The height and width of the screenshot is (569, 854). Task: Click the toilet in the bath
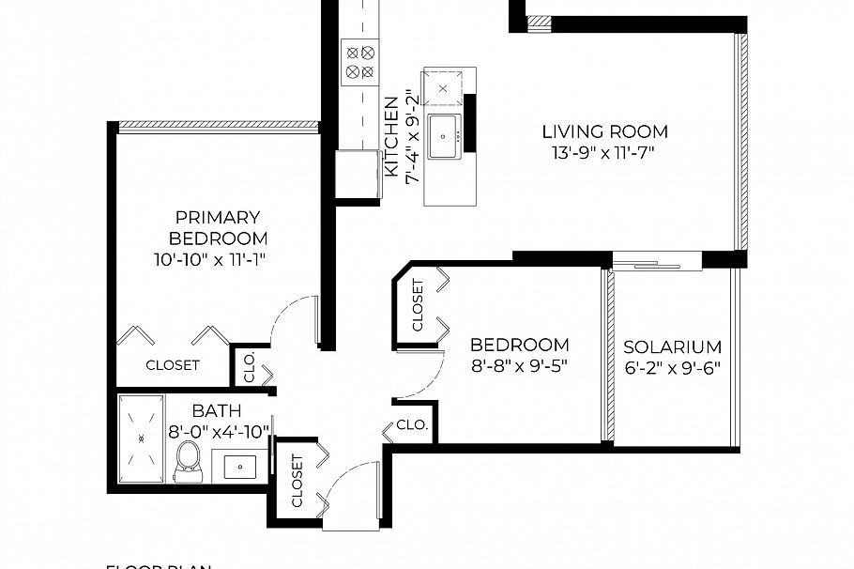(x=189, y=459)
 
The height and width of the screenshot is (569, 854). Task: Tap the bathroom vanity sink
(x=243, y=464)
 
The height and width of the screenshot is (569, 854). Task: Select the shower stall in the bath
(x=142, y=438)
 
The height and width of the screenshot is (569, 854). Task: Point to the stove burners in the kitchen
(x=359, y=60)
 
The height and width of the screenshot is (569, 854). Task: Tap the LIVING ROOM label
(x=604, y=131)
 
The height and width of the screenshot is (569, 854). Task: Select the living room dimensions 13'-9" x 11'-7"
(x=603, y=150)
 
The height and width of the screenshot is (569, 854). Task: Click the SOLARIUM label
(x=673, y=346)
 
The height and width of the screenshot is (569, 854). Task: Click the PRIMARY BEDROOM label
(x=218, y=227)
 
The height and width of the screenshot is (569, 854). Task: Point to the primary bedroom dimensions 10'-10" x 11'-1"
(x=218, y=258)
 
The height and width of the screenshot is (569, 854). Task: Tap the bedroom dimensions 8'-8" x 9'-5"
(x=519, y=364)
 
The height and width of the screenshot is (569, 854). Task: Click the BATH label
(x=217, y=410)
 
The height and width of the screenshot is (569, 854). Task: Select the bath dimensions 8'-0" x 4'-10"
(x=219, y=431)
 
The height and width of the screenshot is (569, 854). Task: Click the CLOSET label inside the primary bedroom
(x=173, y=365)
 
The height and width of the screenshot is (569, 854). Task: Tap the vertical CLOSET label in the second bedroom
(x=417, y=305)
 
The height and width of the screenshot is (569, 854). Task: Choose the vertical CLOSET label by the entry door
(x=297, y=481)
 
